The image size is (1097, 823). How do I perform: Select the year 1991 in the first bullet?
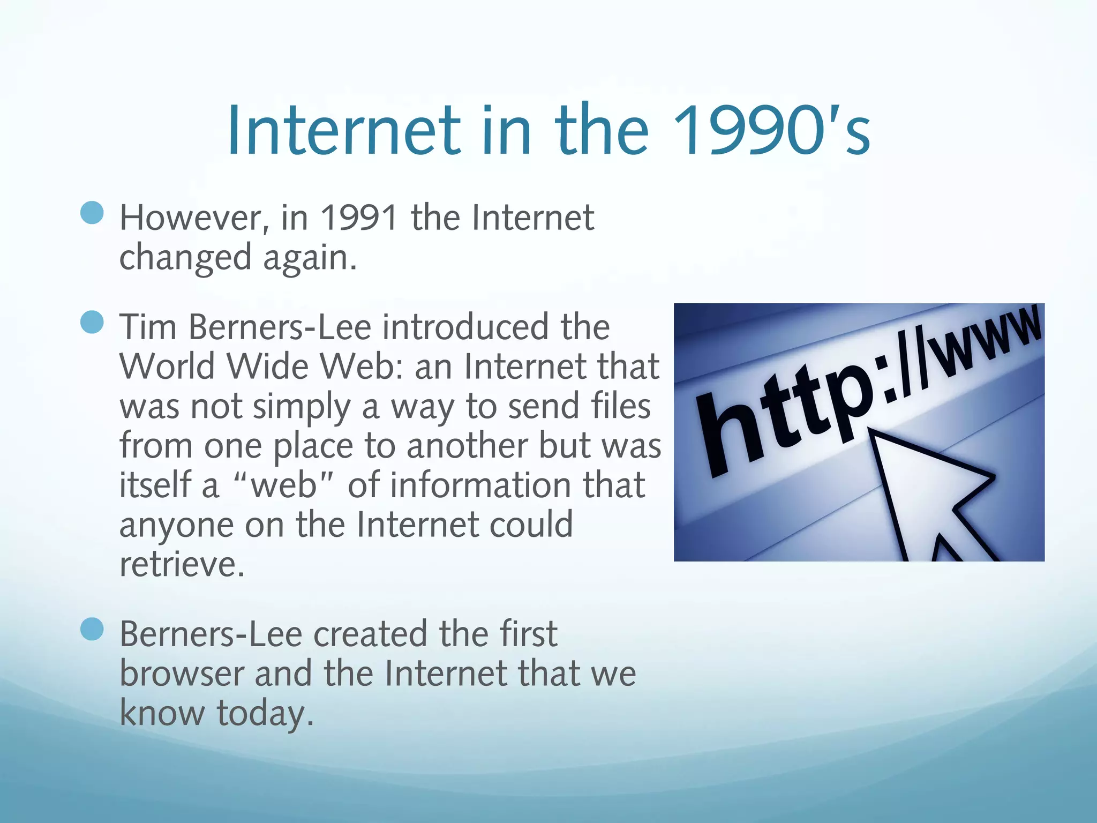pos(359,218)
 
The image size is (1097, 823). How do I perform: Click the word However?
pos(191,219)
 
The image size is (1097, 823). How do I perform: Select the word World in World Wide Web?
pos(167,366)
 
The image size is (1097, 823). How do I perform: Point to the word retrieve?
pos(182,564)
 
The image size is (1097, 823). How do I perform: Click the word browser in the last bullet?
pos(182,674)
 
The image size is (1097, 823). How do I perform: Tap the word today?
pos(265,714)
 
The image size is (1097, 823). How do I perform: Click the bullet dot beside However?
pos(92,213)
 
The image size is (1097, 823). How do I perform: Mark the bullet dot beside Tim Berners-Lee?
pos(92,322)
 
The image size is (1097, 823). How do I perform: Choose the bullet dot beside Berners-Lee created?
pos(92,630)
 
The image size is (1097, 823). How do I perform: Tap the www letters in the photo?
pos(986,343)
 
